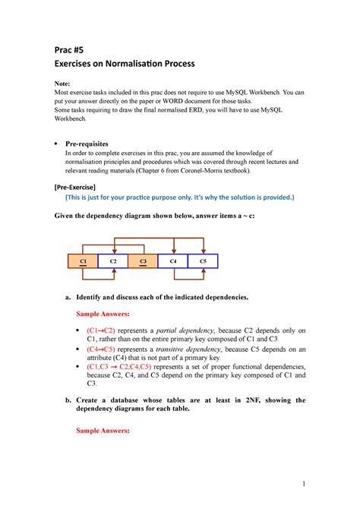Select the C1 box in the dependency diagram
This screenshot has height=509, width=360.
pos(82,261)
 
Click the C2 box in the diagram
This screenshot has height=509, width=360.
pos(112,261)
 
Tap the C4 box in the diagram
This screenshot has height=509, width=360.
pos(172,261)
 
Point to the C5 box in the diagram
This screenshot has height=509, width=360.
pos(203,261)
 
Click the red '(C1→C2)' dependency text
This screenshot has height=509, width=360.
pos(101,331)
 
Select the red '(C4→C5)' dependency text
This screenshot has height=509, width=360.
pos(101,349)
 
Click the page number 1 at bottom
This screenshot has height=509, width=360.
pos(303,483)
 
